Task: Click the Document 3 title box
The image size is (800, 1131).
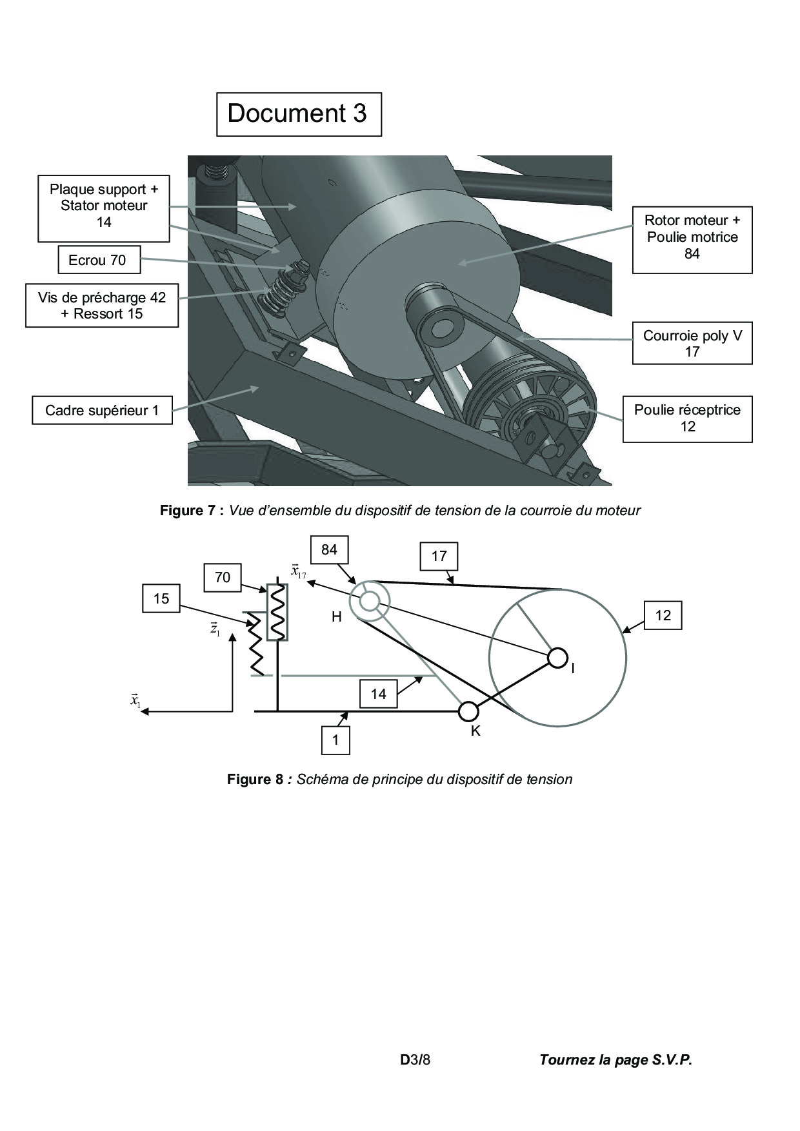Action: tap(298, 114)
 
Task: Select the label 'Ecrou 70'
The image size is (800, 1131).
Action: tap(97, 261)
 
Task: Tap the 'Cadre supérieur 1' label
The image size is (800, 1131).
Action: tap(102, 411)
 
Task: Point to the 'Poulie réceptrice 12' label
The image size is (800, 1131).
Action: tap(687, 418)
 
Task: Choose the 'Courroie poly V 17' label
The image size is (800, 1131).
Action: tap(692, 344)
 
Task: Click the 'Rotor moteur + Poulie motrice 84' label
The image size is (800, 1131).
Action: tap(692, 237)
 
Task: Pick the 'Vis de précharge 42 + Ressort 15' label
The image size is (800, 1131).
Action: tap(102, 306)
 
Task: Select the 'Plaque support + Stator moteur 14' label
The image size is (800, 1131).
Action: tap(104, 206)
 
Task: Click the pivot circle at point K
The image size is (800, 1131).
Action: tap(468, 711)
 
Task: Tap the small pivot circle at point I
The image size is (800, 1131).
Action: tap(557, 658)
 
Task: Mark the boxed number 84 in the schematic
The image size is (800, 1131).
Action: tap(329, 549)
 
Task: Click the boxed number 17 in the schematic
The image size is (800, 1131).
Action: tap(439, 556)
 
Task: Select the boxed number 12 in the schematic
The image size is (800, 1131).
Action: tap(663, 615)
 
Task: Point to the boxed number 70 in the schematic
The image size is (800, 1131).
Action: tap(222, 577)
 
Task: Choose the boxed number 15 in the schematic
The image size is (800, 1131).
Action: tap(161, 599)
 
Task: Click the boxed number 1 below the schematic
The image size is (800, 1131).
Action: tap(335, 740)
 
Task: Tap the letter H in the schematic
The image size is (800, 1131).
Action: tap(336, 617)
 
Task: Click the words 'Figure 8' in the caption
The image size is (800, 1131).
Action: tap(254, 779)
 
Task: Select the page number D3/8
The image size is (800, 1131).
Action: tap(415, 1059)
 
